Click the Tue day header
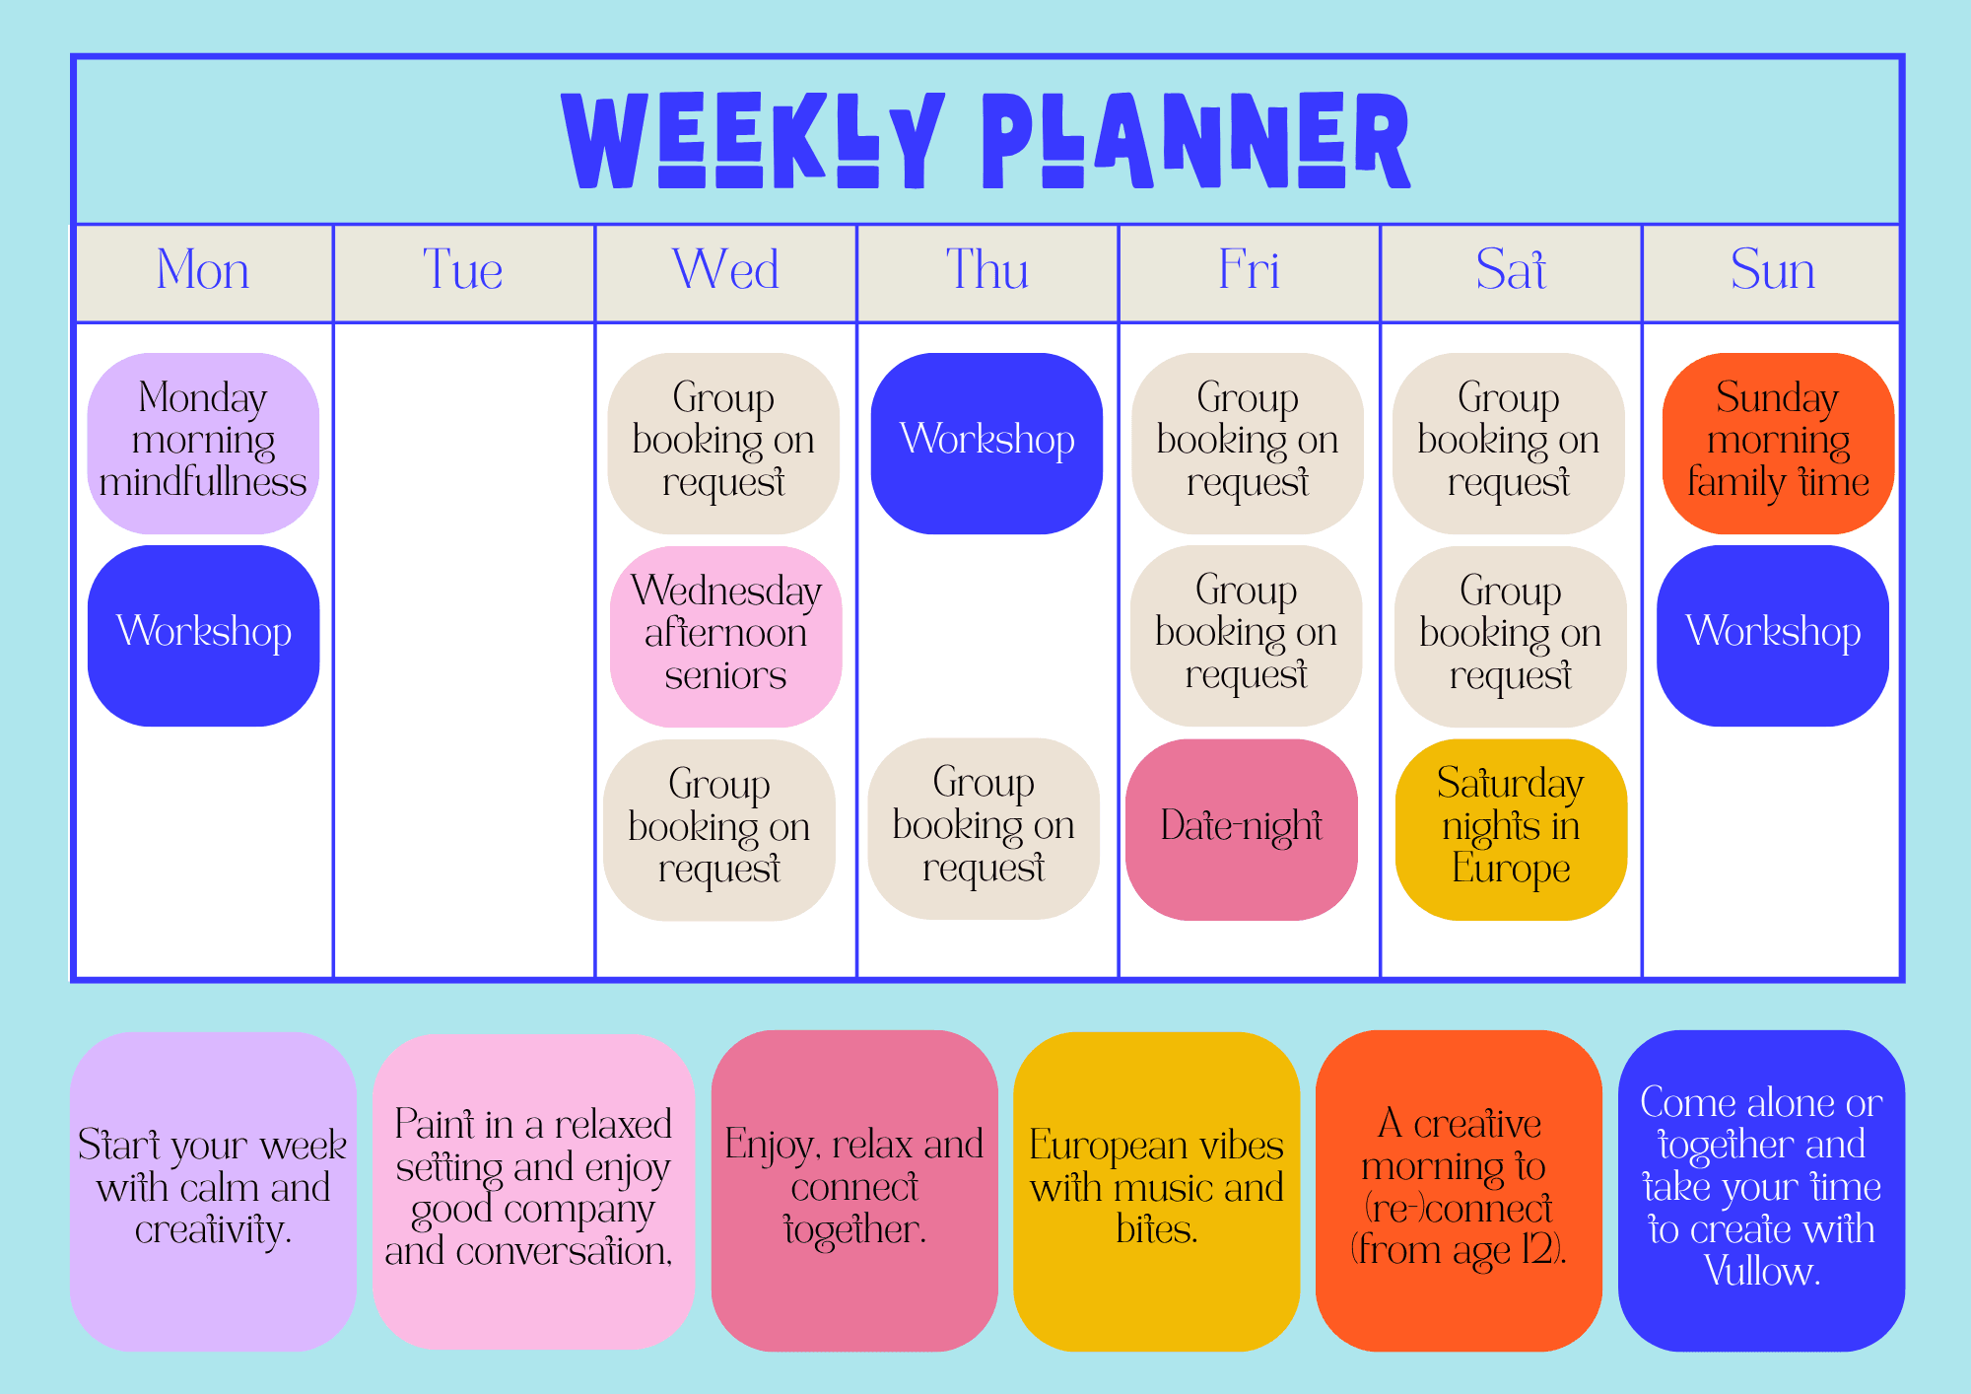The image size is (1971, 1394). coord(463,269)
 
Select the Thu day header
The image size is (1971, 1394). coord(987,269)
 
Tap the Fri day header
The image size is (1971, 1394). coord(1249,269)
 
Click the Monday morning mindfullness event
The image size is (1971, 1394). coord(203,443)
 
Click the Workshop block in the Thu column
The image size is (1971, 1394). coord(986,443)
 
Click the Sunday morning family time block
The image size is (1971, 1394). coord(1779,443)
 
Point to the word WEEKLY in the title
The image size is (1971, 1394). coord(754,140)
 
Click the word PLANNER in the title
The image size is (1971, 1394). coord(1196,140)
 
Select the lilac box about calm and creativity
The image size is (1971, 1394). coord(213,1191)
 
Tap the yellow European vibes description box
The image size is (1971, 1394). coord(1157,1191)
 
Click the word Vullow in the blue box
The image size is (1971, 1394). coord(1761,1272)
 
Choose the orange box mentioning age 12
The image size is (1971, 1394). coord(1459,1191)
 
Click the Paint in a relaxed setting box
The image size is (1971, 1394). coord(533,1191)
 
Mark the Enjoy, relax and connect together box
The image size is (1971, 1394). coord(854,1191)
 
